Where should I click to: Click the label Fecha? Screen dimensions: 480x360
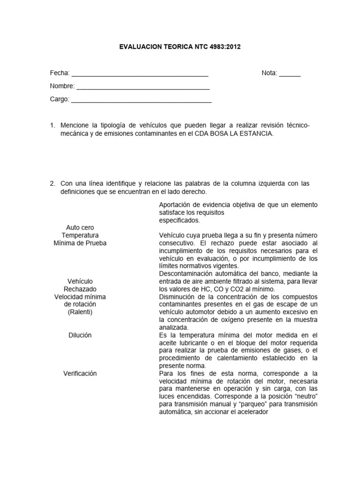point(60,73)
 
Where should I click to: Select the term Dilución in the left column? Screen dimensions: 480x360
point(80,335)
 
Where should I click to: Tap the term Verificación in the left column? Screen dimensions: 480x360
point(80,373)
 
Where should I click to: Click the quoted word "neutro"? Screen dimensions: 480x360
point(305,396)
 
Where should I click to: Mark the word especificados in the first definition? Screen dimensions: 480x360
point(179,220)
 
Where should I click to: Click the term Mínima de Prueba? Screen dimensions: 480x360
point(80,243)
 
